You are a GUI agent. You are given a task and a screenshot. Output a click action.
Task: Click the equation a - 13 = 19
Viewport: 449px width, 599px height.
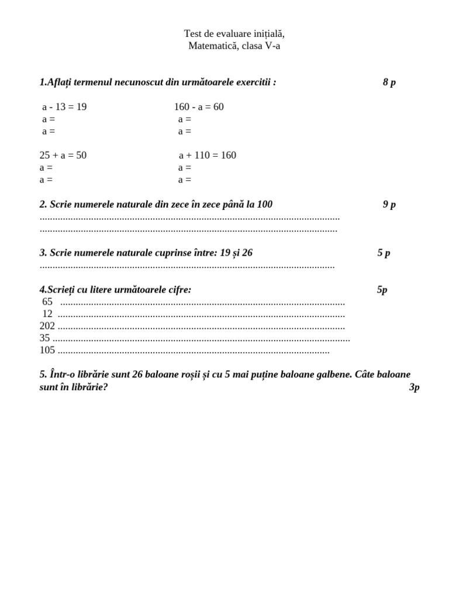point(64,107)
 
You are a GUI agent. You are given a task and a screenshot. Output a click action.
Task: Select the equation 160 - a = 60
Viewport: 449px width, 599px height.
point(199,107)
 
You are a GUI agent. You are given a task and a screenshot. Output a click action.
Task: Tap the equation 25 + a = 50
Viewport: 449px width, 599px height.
point(63,156)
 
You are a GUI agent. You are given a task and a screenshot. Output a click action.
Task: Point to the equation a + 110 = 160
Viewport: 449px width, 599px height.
point(208,156)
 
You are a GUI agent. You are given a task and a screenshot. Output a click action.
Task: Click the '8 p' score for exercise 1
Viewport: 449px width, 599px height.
point(389,82)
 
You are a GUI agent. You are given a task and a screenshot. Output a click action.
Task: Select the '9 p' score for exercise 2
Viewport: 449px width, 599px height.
point(389,205)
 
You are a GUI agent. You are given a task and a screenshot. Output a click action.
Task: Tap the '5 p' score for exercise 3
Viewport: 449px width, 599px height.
point(384,253)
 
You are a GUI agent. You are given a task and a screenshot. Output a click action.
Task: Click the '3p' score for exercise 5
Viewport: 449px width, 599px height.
point(415,388)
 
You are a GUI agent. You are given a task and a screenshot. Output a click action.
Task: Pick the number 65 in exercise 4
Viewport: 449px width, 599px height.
point(47,302)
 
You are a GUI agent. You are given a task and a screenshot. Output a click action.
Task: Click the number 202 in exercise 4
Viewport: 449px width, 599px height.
point(47,326)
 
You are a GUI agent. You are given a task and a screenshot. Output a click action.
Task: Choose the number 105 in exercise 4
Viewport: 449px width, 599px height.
point(47,350)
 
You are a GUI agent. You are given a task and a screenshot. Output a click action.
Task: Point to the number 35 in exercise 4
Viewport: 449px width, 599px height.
point(45,338)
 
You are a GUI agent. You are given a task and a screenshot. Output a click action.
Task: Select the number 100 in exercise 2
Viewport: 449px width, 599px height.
point(264,205)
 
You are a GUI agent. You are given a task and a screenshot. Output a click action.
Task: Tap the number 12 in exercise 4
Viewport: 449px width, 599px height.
point(47,314)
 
